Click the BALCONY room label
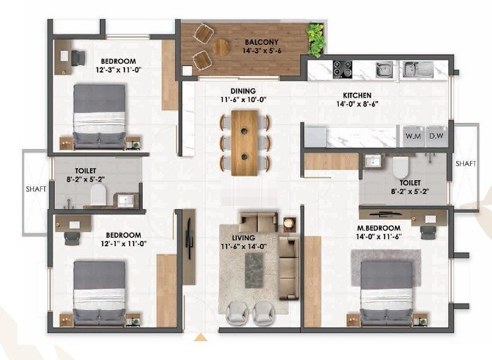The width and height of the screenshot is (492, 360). (x=261, y=41)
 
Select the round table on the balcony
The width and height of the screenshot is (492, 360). (x=221, y=47)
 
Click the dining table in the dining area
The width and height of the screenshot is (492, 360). (x=245, y=143)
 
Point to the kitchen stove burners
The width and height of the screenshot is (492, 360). (x=342, y=69)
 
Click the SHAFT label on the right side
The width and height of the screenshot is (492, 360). (x=465, y=163)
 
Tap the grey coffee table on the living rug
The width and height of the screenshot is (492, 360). (x=254, y=270)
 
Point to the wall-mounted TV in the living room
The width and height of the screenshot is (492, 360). (x=188, y=238)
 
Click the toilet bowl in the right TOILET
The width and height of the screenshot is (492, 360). (x=401, y=167)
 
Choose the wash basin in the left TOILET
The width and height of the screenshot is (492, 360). (x=125, y=200)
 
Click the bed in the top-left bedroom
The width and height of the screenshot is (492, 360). (x=99, y=116)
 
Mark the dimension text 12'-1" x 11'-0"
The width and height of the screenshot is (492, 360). (x=123, y=244)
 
